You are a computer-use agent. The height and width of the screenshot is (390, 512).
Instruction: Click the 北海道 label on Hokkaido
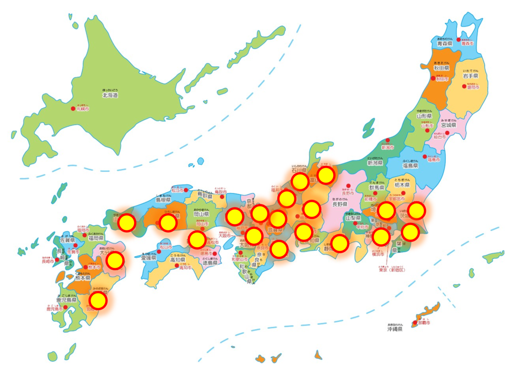[110, 95]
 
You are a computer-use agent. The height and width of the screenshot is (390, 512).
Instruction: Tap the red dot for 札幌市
[73, 109]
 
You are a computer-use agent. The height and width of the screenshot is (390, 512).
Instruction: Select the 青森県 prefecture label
[445, 44]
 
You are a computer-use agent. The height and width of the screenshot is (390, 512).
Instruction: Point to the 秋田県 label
[441, 68]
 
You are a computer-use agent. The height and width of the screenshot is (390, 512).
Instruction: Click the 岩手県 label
[471, 76]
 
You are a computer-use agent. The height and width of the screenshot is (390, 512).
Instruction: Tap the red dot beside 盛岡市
[464, 87]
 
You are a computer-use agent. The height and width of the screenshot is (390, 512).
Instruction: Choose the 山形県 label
[424, 116]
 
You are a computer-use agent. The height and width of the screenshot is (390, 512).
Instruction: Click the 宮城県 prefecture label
[448, 125]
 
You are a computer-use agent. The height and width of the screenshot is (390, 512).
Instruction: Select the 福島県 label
[410, 166]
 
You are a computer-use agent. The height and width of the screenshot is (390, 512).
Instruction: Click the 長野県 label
[340, 204]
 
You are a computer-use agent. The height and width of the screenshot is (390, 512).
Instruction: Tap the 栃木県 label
[402, 185]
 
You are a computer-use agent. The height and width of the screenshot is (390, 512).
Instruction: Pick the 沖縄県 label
[395, 329]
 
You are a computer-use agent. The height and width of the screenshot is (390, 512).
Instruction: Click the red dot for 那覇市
[415, 323]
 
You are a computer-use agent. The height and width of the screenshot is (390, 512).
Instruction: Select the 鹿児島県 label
[67, 300]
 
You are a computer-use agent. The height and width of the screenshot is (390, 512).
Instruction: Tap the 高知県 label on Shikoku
[178, 260]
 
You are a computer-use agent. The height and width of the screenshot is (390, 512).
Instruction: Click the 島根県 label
[163, 200]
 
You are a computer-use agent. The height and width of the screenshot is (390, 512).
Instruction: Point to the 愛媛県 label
[149, 258]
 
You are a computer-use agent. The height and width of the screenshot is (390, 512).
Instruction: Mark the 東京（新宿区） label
[392, 270]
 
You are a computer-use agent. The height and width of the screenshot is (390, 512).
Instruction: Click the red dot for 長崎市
[57, 260]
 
